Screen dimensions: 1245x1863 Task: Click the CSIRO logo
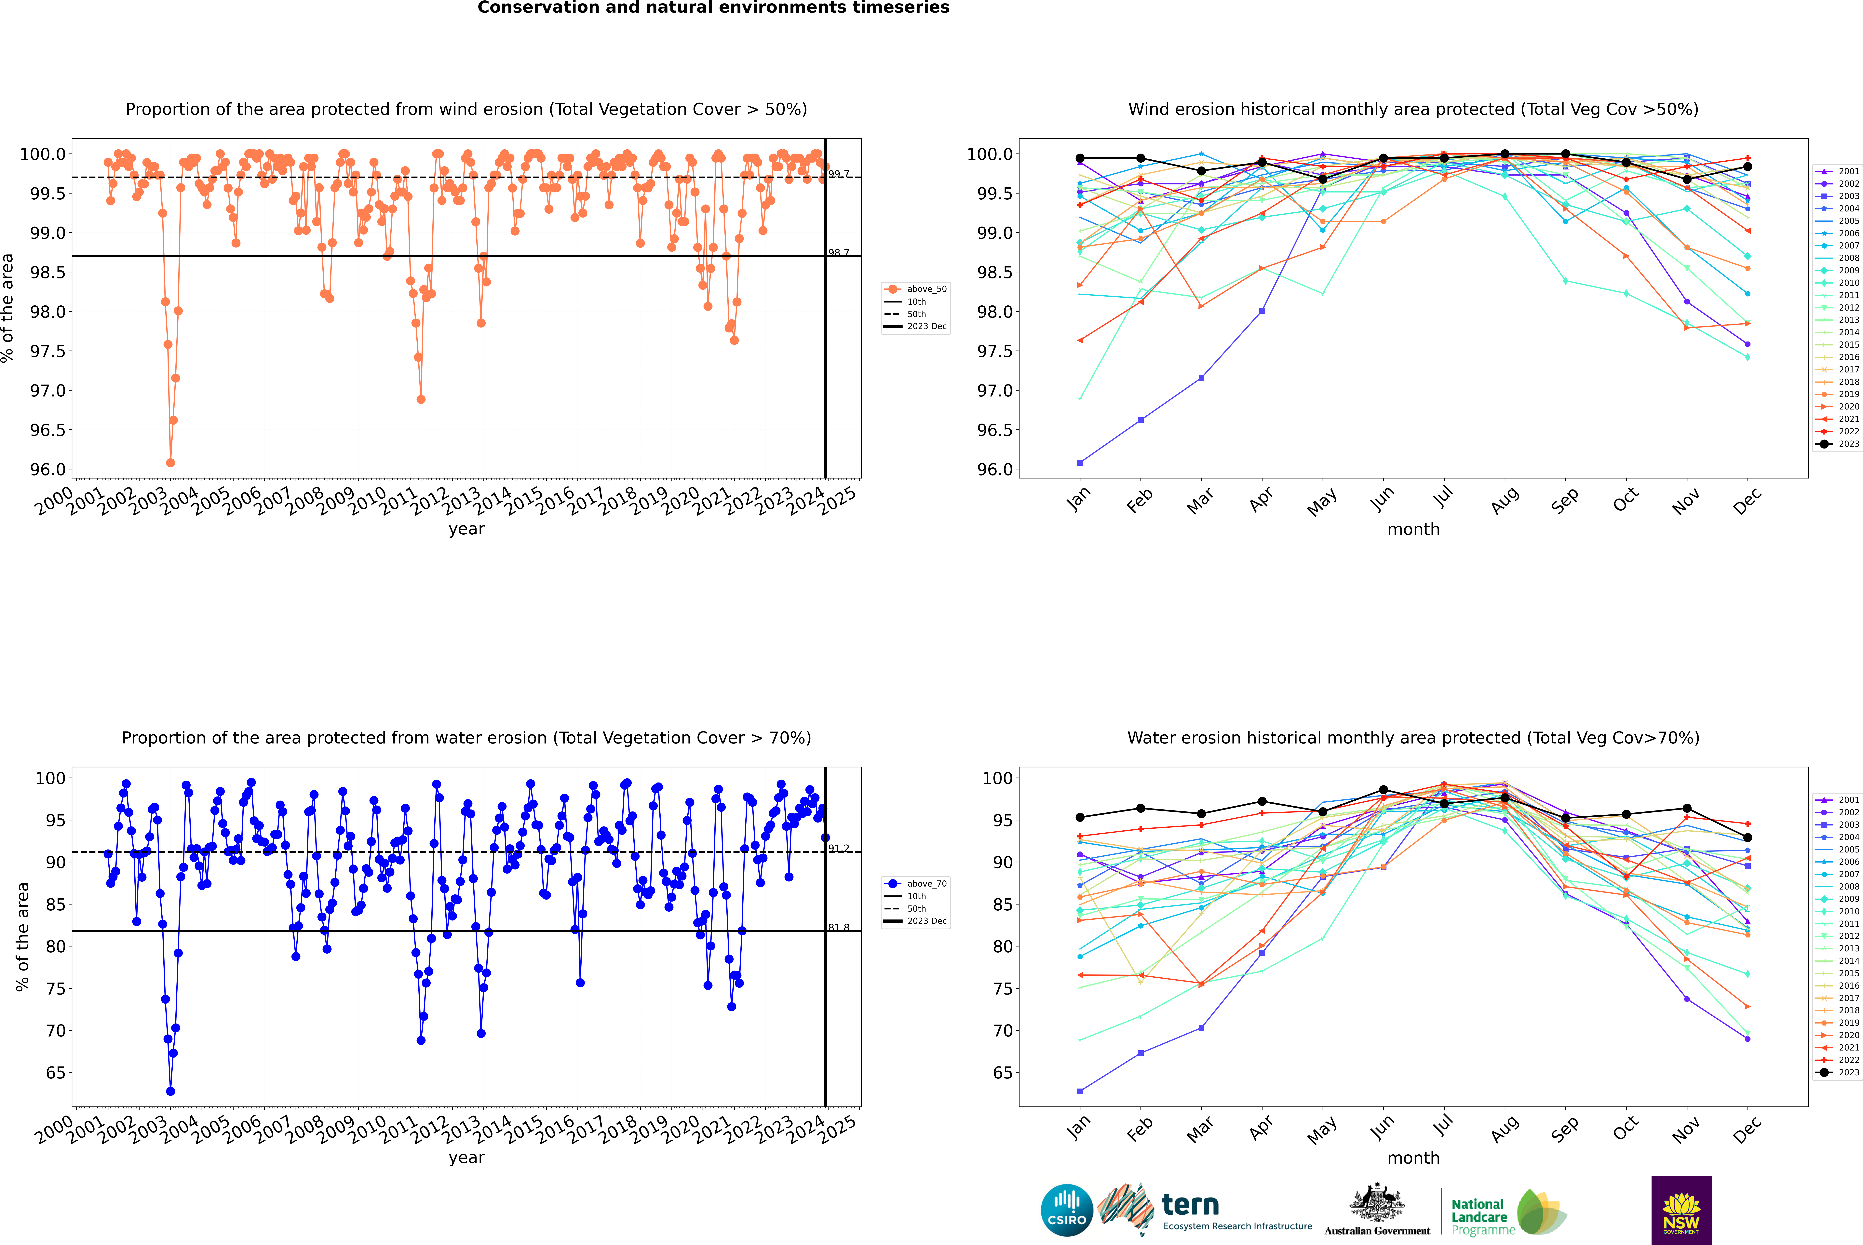click(x=1067, y=1210)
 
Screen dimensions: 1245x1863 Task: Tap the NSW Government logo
click(x=1681, y=1210)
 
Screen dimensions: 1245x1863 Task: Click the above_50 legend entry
click(x=915, y=289)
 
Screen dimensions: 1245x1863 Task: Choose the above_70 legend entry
click(x=915, y=884)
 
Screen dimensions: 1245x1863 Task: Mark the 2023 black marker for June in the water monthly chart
click(x=1383, y=790)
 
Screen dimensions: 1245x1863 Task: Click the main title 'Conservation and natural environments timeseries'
click(x=713, y=8)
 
